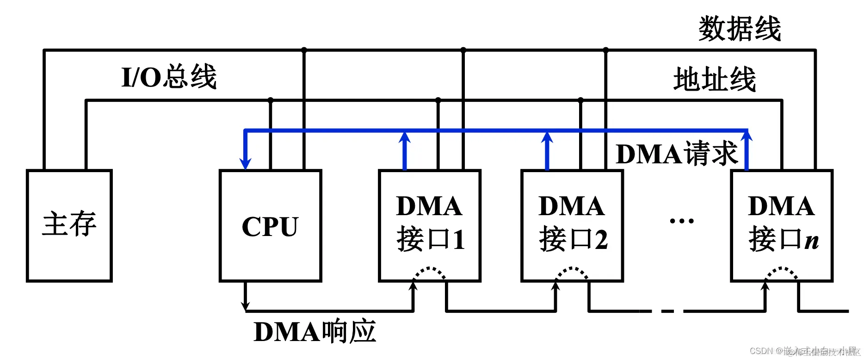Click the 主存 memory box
(x=69, y=225)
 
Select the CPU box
(x=270, y=225)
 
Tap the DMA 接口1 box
(x=430, y=225)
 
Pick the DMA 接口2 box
(x=572, y=225)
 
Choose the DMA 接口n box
(x=782, y=225)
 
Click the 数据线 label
(x=739, y=29)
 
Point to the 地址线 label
(x=715, y=79)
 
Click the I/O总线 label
(x=169, y=77)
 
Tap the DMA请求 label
(x=677, y=154)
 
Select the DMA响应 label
(x=315, y=331)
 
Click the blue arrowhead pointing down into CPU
(x=245, y=163)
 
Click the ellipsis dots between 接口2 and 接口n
(x=682, y=221)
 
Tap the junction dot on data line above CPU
(x=304, y=50)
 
